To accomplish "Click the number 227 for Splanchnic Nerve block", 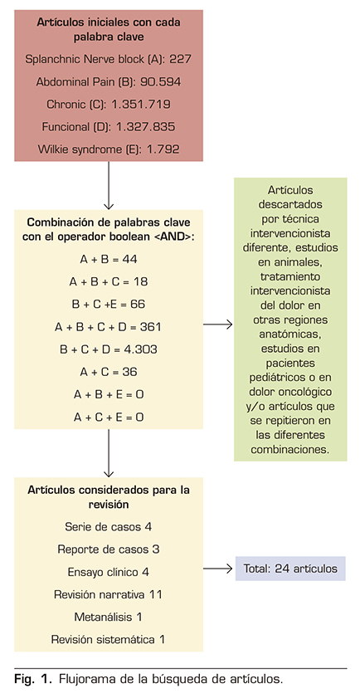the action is [180, 59].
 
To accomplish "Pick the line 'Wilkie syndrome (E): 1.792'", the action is [109, 149].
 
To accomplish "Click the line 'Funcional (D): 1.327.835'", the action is [109, 127].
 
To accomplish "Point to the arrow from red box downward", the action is [109, 185].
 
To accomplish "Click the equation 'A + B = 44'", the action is [109, 260].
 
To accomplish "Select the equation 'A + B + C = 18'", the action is [109, 282].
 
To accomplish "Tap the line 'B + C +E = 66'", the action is [109, 305].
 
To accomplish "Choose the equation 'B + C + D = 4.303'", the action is [109, 349].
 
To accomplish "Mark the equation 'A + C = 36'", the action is [109, 372].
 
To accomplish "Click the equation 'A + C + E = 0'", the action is [109, 417].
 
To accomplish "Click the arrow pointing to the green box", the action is [218, 325].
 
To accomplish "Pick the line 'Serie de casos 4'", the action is [109, 526].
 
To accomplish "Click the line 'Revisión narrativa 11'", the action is [109, 593].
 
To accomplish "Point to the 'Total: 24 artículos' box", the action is [290, 569].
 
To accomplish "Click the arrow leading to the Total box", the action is [218, 569].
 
